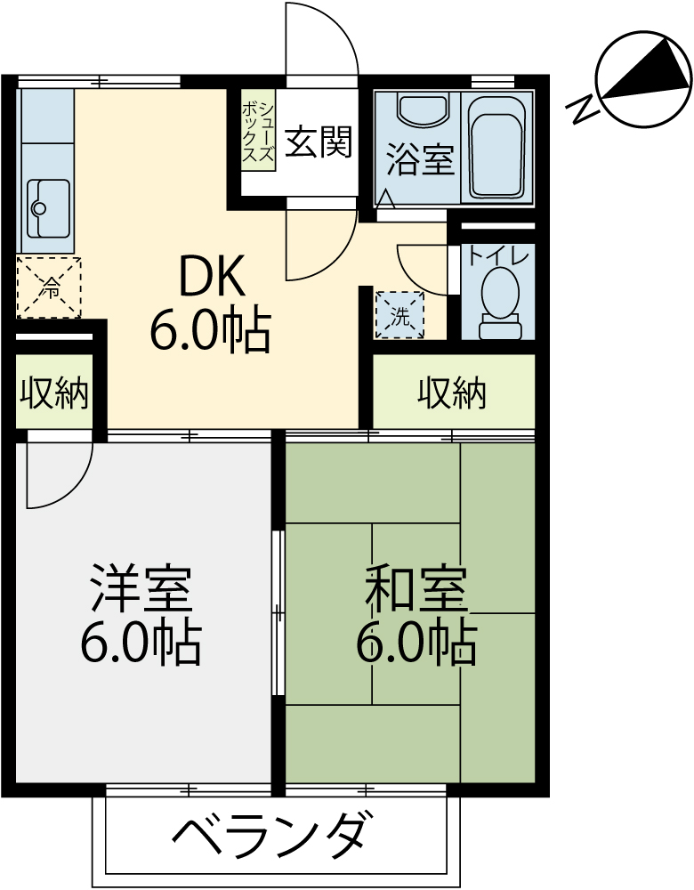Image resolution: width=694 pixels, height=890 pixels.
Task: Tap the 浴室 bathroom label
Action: pyautogui.click(x=421, y=159)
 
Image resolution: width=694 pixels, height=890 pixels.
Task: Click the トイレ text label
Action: pyautogui.click(x=498, y=255)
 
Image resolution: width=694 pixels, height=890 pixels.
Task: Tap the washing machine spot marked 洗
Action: pyautogui.click(x=400, y=315)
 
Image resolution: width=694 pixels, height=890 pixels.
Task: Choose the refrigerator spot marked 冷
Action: pyautogui.click(x=49, y=287)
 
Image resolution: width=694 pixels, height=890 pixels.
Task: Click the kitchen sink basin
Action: pyautogui.click(x=49, y=207)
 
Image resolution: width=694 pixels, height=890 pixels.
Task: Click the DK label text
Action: pyautogui.click(x=213, y=275)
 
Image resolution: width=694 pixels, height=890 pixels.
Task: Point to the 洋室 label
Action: pyautogui.click(x=141, y=587)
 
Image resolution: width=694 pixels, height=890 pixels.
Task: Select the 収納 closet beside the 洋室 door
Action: pyautogui.click(x=54, y=392)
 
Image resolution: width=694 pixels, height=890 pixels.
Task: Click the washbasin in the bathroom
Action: pyautogui.click(x=423, y=107)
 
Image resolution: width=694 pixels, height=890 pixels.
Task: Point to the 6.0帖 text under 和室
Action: pyautogui.click(x=416, y=643)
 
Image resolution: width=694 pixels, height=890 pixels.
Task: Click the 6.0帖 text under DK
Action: pyautogui.click(x=209, y=330)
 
